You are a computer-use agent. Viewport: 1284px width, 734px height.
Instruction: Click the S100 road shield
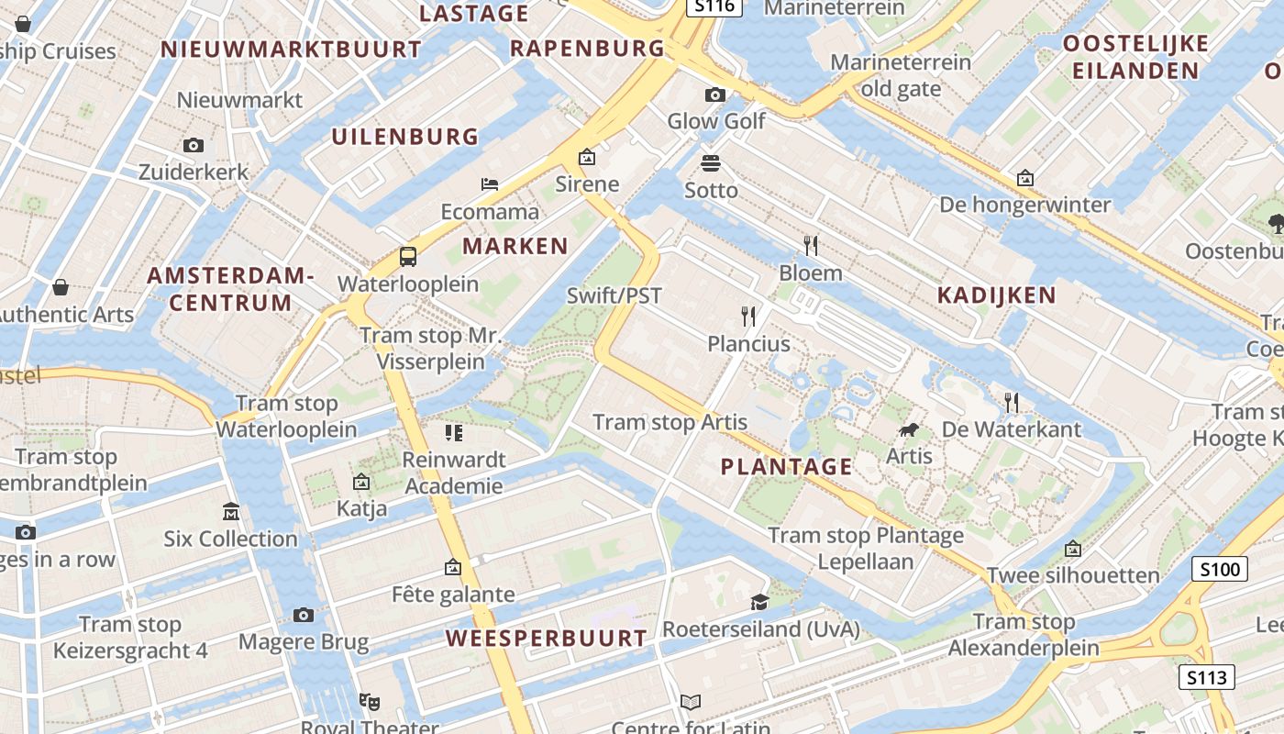(1220, 570)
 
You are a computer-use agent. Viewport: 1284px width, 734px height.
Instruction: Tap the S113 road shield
(1205, 678)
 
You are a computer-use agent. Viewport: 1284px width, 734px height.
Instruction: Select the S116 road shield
(714, 6)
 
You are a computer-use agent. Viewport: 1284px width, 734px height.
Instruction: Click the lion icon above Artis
(909, 429)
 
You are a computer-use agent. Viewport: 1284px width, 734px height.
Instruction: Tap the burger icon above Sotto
(711, 163)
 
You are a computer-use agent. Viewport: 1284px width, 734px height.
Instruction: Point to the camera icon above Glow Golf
(714, 95)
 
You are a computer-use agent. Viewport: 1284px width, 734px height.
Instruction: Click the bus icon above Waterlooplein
(408, 257)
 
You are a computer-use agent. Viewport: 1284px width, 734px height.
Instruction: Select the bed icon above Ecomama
(490, 184)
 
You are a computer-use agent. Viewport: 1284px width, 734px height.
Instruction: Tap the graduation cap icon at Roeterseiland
(759, 602)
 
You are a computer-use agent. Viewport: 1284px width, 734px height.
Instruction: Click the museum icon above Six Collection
(230, 511)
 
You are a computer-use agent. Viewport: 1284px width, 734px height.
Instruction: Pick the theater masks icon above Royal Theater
(370, 702)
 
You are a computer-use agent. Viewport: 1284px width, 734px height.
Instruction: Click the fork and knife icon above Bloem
(810, 246)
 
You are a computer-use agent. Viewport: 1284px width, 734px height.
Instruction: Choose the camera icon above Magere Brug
(304, 615)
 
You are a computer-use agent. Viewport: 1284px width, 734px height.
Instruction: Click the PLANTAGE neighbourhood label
(787, 467)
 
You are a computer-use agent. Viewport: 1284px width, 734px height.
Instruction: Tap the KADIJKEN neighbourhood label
(997, 295)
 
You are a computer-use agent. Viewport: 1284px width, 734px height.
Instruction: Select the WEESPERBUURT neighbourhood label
(547, 639)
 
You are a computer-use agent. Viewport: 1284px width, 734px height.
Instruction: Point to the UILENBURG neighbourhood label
(405, 138)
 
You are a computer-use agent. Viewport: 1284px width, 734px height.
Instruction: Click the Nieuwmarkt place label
(239, 100)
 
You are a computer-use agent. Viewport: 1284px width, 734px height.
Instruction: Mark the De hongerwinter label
(1025, 205)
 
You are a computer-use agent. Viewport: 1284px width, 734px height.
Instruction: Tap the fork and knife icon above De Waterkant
(1012, 402)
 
